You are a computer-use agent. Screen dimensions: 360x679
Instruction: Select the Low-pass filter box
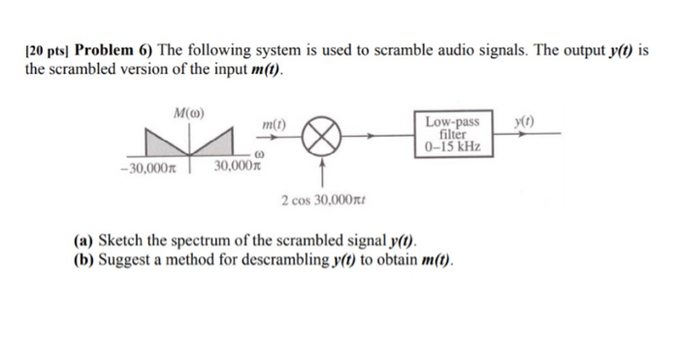pos(452,135)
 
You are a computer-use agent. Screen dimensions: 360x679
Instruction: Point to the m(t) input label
pos(275,125)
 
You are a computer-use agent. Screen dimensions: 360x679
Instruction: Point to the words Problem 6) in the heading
pos(112,50)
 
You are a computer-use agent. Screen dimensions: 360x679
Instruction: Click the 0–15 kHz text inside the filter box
pos(452,147)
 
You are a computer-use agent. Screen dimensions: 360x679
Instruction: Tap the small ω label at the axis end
pos(259,155)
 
